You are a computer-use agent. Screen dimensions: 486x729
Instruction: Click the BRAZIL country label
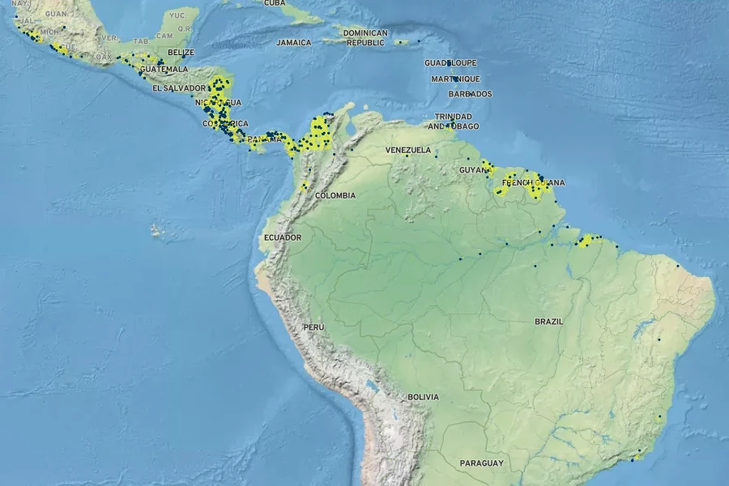[x=548, y=322]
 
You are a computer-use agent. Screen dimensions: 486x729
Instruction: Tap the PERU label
[x=313, y=326]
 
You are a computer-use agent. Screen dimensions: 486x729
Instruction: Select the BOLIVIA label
[x=423, y=397]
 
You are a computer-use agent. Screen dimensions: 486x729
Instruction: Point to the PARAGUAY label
[x=481, y=463]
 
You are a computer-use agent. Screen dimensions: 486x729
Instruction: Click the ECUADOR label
[x=282, y=237]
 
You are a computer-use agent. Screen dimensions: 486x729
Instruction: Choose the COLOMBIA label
[x=335, y=195]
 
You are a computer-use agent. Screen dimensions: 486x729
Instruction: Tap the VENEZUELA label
[x=407, y=150]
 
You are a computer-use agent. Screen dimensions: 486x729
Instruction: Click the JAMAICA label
[x=293, y=42]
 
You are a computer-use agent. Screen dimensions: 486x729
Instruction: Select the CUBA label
[x=275, y=3]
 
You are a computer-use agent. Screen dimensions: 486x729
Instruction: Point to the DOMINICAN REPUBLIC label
[x=365, y=37]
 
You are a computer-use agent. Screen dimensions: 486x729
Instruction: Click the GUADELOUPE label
[x=450, y=62]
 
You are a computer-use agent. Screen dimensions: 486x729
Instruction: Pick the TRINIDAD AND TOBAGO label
[x=454, y=122]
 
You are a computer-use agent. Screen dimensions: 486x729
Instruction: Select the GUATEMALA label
[x=164, y=70]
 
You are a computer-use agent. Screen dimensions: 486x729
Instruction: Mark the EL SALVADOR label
[x=179, y=87]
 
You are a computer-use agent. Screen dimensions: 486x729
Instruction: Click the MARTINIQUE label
[x=455, y=79]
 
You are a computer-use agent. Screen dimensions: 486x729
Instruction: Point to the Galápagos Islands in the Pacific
[x=157, y=231]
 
